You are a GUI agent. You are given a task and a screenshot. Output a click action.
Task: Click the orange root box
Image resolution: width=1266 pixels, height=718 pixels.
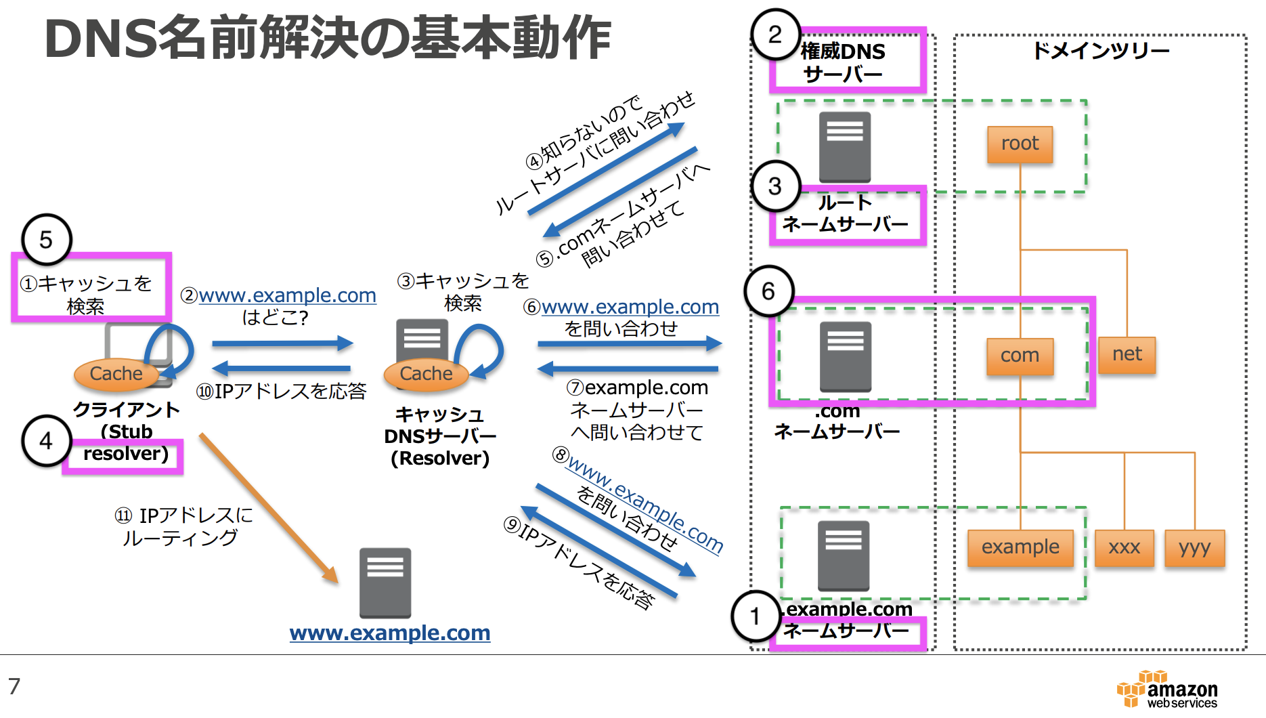(x=1020, y=144)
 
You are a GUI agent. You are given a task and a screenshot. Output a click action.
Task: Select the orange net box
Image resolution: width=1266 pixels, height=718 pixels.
(x=1127, y=354)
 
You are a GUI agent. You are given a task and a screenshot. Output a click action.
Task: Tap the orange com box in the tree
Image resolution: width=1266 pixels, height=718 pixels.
(x=1020, y=356)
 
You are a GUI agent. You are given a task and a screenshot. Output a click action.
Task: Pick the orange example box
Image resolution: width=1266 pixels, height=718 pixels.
(x=1020, y=547)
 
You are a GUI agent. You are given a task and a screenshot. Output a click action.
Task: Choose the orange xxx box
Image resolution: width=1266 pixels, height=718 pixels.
(x=1124, y=547)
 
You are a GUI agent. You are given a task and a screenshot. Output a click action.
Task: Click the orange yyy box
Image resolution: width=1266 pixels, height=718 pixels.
(x=1194, y=547)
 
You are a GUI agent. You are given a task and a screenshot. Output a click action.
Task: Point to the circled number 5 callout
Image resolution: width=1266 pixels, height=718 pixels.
(x=46, y=239)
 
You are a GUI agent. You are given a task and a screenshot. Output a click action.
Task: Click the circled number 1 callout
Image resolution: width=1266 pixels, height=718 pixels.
(x=755, y=616)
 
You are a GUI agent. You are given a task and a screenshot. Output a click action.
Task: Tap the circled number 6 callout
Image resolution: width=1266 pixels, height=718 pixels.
(x=768, y=291)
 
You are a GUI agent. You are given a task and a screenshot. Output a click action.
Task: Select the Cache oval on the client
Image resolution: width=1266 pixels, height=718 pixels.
(x=116, y=373)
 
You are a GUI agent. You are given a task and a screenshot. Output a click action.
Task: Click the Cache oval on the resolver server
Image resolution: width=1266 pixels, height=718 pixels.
(x=426, y=373)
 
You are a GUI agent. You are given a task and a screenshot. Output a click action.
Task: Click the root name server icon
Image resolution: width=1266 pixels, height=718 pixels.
(x=844, y=146)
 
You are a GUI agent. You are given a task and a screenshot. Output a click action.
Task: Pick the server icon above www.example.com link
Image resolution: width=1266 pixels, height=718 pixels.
(x=385, y=582)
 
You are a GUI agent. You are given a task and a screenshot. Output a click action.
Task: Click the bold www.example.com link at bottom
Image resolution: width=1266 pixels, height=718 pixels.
(x=390, y=633)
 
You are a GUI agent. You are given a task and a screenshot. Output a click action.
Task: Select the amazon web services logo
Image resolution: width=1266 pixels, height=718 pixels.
(x=1168, y=690)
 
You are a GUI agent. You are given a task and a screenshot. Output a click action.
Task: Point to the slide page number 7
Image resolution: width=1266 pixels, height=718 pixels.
(x=14, y=686)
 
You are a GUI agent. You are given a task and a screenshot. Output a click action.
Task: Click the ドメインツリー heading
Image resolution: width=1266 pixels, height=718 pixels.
(x=1101, y=51)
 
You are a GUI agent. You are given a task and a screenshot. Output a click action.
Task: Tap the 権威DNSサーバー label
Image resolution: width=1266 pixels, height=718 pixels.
(x=843, y=62)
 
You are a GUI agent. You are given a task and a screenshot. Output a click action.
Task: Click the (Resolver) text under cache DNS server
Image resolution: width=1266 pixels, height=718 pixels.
(x=440, y=459)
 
